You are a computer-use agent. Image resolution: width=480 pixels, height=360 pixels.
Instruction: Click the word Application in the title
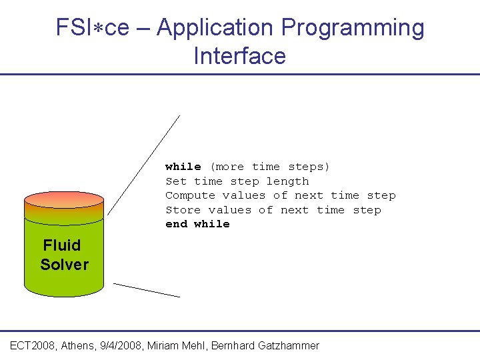click(215, 28)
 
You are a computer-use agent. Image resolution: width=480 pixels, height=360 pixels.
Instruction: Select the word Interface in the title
click(239, 56)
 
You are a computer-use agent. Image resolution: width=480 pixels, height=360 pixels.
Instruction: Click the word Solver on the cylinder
click(64, 265)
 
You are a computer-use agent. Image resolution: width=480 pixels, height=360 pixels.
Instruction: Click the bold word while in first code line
click(183, 167)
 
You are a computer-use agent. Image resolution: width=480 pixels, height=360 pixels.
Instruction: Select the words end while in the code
click(197, 224)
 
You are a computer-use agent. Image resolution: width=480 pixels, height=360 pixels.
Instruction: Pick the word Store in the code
click(183, 210)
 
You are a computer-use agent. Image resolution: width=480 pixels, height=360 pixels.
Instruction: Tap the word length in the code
click(287, 181)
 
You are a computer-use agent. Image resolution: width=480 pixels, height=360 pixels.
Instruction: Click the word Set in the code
click(176, 181)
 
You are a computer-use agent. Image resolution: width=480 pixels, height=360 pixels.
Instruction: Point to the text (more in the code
click(227, 167)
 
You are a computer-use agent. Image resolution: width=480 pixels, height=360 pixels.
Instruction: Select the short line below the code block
click(147, 289)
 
